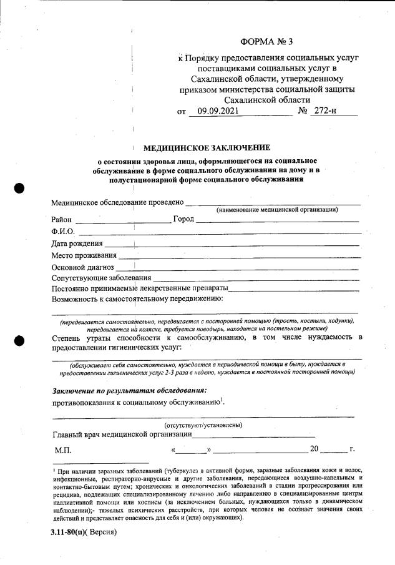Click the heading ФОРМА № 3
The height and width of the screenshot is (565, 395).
(x=266, y=42)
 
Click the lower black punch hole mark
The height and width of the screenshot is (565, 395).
(x=19, y=340)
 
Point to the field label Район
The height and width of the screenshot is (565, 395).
(x=62, y=220)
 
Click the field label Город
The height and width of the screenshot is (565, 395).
(x=183, y=220)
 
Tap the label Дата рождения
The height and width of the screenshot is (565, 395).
(x=77, y=243)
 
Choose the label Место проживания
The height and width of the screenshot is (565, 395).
(x=84, y=255)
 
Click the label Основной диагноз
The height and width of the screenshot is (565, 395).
(x=82, y=267)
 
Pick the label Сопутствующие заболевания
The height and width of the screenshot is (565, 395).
(x=101, y=278)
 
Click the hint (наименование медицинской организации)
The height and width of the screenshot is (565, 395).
(x=277, y=210)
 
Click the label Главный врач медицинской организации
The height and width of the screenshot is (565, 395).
(x=121, y=435)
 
